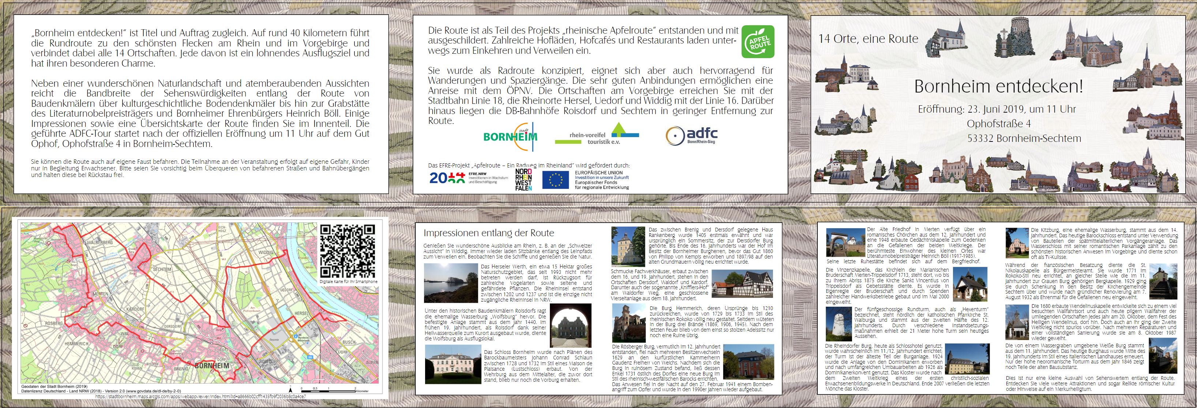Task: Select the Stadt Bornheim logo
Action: pos(510,136)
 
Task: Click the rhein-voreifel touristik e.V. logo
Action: pos(597,135)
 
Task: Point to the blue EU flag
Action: pos(555,180)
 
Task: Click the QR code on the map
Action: pos(347,251)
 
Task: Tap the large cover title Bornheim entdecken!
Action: pos(998,86)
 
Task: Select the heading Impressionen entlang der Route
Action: pos(488,233)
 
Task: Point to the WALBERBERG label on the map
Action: pos(100,242)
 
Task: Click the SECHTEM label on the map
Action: pos(162,269)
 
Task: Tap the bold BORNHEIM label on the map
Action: pos(212,366)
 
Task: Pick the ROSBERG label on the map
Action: pos(54,323)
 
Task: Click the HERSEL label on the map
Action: pos(301,313)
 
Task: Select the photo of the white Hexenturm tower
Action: pos(839,324)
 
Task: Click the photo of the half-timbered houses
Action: pos(742,284)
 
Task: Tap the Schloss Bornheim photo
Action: pos(453,364)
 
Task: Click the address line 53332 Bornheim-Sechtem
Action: pos(1024,138)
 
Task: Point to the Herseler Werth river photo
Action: pos(451,283)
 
